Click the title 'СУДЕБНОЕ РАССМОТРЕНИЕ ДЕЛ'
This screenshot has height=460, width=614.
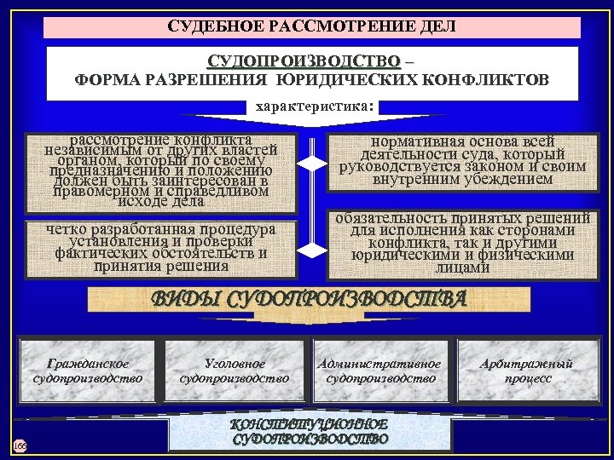coord(312,26)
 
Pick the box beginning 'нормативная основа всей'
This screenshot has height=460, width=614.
coord(462,160)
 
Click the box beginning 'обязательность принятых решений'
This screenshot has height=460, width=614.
coord(462,244)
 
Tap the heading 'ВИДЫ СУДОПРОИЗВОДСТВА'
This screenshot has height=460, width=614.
coord(309,299)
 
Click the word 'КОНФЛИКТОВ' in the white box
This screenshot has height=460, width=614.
coord(498,81)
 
